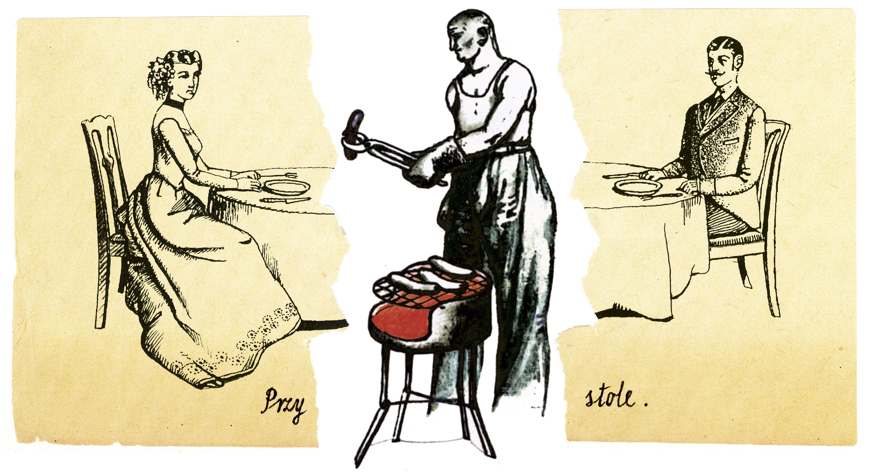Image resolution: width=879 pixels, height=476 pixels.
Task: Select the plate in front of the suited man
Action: (638, 186)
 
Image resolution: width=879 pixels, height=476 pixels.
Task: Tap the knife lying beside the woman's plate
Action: (285, 200)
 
